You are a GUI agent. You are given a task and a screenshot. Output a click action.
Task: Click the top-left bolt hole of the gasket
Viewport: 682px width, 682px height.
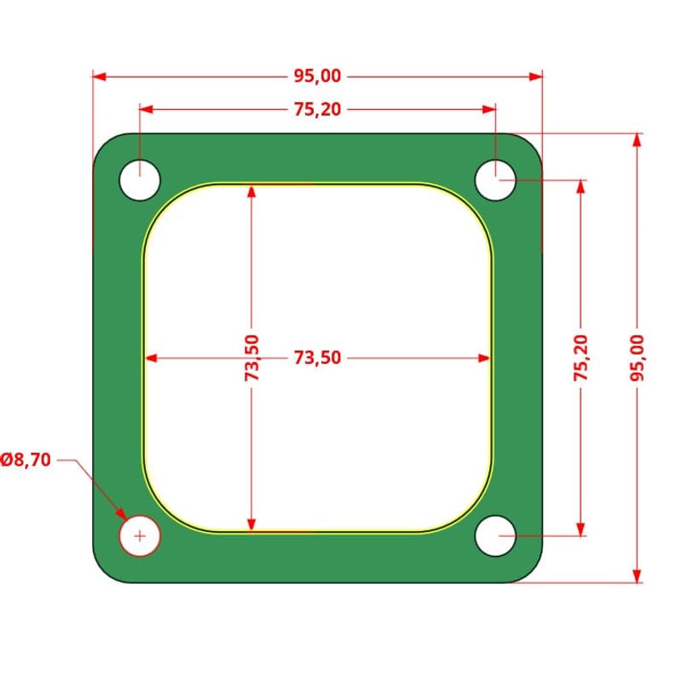tap(140, 181)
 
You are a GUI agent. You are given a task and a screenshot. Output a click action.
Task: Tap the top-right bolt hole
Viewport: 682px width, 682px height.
tap(495, 181)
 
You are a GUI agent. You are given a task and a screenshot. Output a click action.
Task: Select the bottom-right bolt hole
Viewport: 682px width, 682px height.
tap(495, 536)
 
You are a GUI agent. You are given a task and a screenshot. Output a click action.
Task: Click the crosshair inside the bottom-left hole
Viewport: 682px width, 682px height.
tap(140, 536)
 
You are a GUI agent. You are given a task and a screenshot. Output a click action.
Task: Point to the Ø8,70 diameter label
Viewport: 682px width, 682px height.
tap(26, 460)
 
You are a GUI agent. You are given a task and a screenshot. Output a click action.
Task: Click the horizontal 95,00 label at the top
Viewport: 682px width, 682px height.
tap(317, 77)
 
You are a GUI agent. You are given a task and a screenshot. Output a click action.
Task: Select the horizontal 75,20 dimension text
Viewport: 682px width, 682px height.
tap(317, 110)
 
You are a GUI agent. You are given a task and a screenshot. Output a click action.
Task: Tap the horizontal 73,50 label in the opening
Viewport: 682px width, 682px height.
tap(317, 358)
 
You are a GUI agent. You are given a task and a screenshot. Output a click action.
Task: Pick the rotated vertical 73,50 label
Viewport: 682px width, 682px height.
tap(251, 358)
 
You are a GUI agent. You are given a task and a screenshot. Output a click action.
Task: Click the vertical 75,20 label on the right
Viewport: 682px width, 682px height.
tap(581, 358)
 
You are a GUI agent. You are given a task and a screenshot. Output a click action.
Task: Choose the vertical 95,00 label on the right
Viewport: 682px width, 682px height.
tap(636, 358)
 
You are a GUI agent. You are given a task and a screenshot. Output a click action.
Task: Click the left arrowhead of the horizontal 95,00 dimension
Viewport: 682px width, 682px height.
tap(99, 77)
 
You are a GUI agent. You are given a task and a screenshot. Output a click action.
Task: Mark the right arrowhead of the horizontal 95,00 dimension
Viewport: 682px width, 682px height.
tap(536, 77)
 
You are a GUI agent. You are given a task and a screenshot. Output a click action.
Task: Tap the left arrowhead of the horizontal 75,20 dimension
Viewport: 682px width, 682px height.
tap(146, 110)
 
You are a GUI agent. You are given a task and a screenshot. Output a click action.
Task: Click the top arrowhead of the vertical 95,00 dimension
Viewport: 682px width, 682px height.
tap(636, 140)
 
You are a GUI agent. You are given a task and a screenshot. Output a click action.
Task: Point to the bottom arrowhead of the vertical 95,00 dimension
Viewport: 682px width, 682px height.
tap(636, 576)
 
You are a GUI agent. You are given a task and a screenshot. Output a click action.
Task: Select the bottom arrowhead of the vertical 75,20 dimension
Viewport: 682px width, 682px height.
tap(581, 529)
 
